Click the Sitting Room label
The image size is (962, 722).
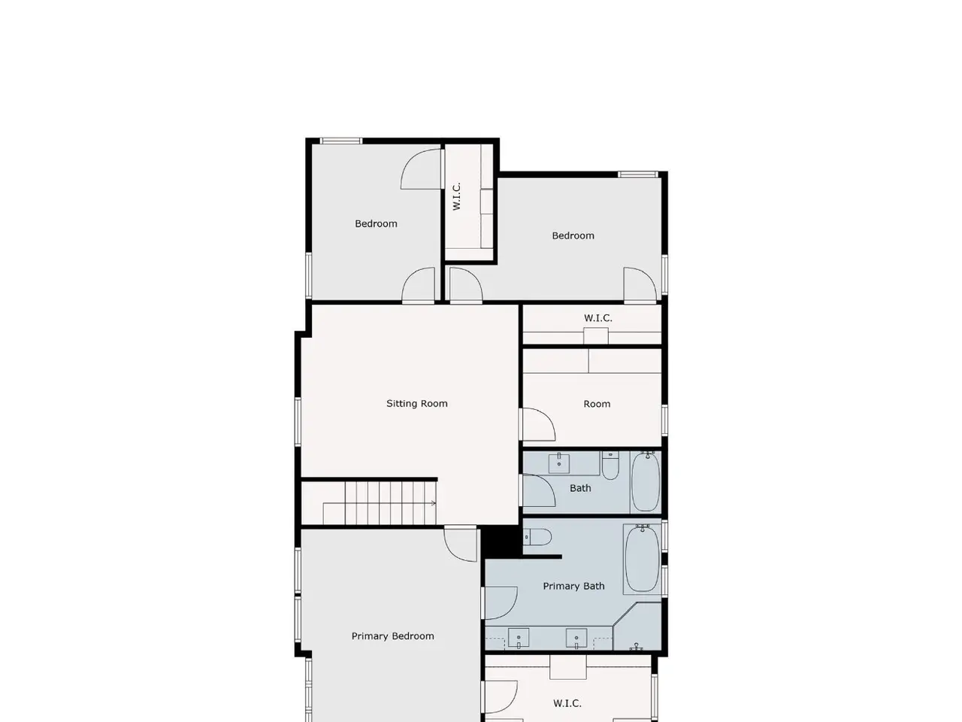416,403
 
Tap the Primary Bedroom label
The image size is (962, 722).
392,636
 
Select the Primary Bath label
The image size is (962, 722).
573,586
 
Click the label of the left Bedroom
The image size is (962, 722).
376,223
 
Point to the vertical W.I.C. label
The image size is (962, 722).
456,196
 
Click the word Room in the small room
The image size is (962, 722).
597,404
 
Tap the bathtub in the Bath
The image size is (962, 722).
646,482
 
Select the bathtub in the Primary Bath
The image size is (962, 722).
642,558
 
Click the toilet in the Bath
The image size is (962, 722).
610,466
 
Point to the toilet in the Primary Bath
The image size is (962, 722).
537,537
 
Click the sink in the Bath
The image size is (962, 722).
559,463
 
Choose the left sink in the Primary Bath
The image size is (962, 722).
519,638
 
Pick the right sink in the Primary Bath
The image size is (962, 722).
576,638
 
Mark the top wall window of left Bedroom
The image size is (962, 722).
340,141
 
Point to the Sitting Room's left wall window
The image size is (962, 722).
298,422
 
